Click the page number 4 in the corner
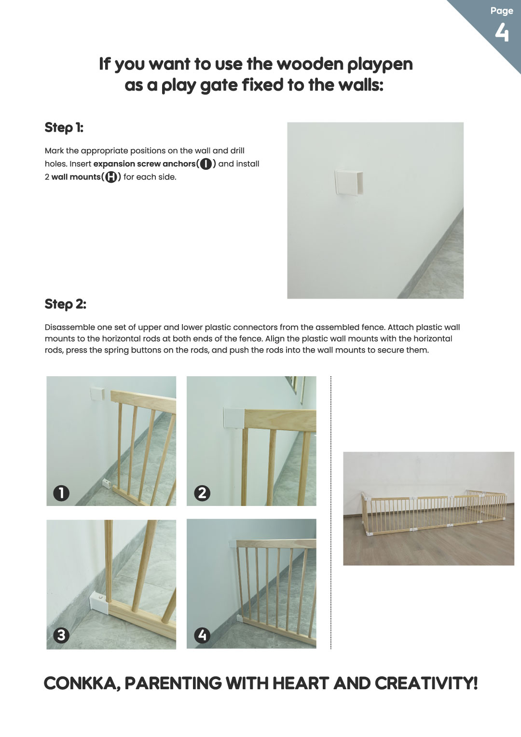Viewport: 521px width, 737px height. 502,33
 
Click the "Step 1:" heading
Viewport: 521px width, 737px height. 64,128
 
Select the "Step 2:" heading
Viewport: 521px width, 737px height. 66,304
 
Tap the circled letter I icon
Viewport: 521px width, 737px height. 206,164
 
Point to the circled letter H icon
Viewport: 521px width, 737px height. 111,177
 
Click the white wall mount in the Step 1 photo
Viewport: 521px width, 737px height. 349,183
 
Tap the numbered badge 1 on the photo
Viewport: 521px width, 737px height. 61,493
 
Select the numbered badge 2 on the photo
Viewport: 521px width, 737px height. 202,493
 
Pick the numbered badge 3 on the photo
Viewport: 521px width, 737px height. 61,635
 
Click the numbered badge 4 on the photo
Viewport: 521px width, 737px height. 202,635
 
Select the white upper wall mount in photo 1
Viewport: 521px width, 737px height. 97,394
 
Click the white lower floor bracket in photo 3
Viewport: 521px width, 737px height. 99,603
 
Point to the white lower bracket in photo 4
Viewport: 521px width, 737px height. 239,618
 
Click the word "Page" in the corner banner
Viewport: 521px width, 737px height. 502,11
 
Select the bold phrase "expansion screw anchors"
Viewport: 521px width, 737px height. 144,164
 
